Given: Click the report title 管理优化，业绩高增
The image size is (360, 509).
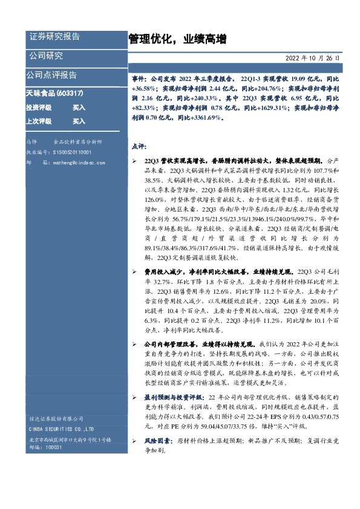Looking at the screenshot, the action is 177,40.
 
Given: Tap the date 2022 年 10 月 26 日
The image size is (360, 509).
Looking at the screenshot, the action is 312,59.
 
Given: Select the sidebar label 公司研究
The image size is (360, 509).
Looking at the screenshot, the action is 46,56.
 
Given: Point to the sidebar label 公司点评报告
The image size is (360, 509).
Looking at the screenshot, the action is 51,76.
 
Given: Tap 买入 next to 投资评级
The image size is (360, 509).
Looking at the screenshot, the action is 79,107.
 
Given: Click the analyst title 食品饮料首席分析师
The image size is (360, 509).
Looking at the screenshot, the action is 76,140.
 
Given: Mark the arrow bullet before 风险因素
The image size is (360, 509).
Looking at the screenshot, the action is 134,441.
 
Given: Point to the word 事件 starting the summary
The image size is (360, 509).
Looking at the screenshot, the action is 138,79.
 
